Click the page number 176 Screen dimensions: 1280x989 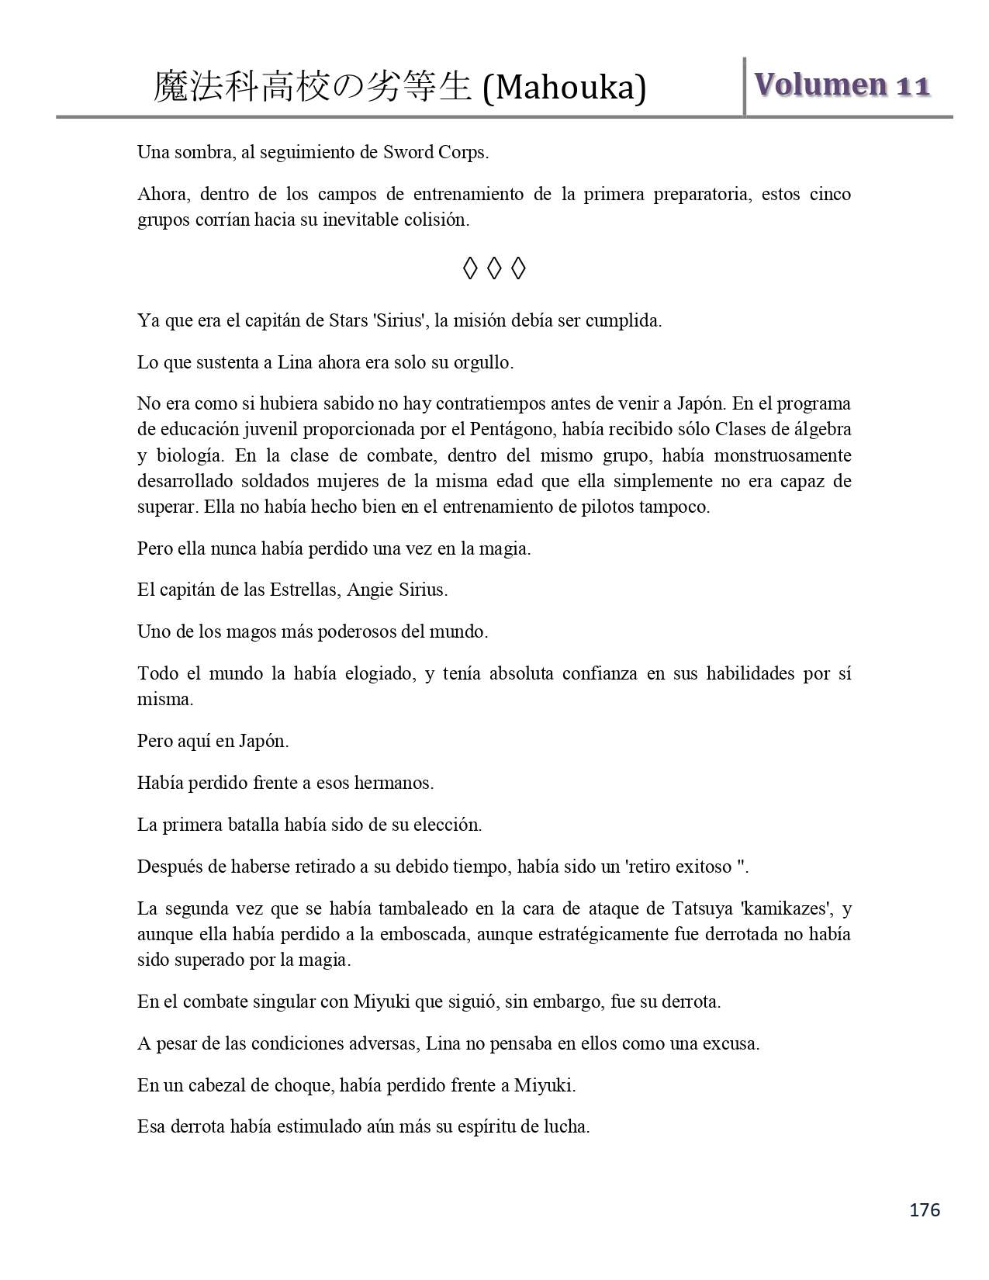point(925,1209)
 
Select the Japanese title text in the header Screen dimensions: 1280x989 point(312,87)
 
